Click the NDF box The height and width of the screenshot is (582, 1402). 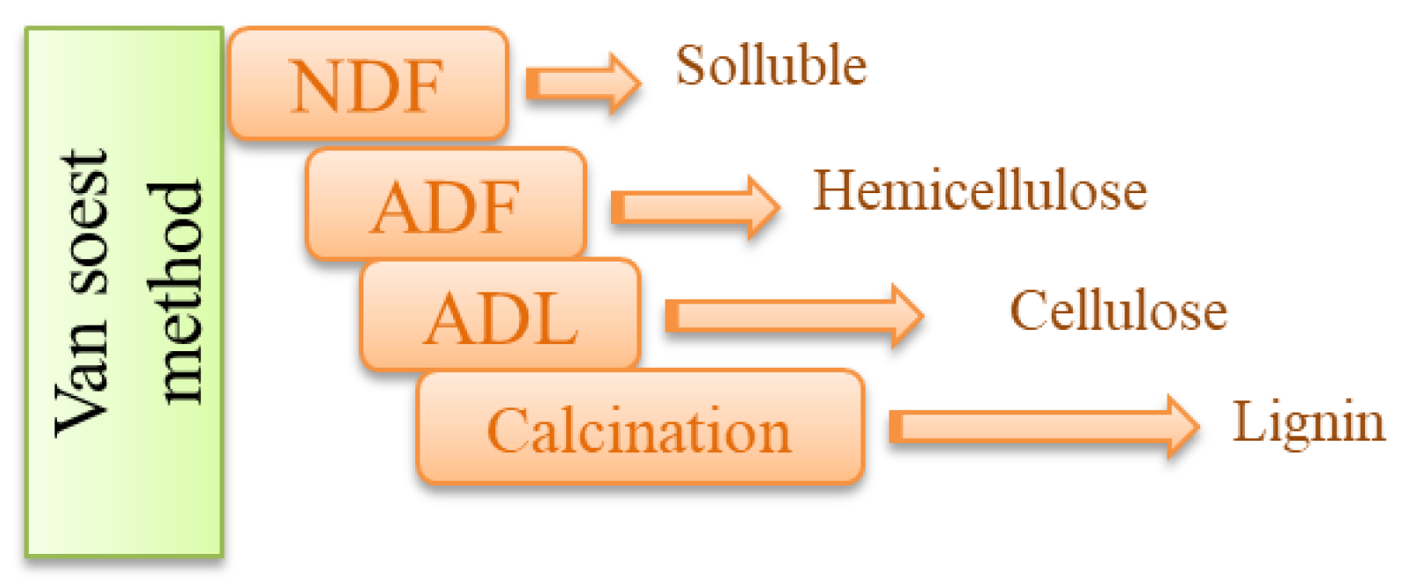(368, 84)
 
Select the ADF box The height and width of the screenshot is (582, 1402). (445, 205)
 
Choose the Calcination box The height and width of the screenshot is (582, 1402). (640, 429)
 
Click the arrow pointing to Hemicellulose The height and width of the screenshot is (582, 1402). (694, 207)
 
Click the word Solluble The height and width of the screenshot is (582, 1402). (771, 65)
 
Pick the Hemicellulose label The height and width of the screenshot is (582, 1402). (980, 190)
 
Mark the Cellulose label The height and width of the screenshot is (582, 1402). (1118, 310)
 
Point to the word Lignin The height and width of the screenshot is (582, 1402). (1308, 424)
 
